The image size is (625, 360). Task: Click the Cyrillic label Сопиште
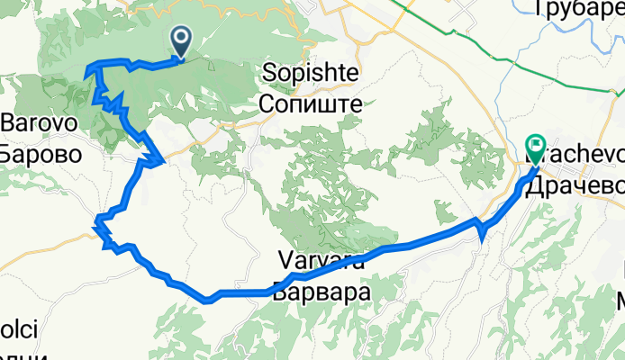tap(310, 103)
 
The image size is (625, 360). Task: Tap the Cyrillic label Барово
tap(41, 153)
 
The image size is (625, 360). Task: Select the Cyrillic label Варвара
tap(322, 292)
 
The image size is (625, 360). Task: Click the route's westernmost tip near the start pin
tap(86, 67)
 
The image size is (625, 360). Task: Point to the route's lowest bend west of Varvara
tap(208, 299)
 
